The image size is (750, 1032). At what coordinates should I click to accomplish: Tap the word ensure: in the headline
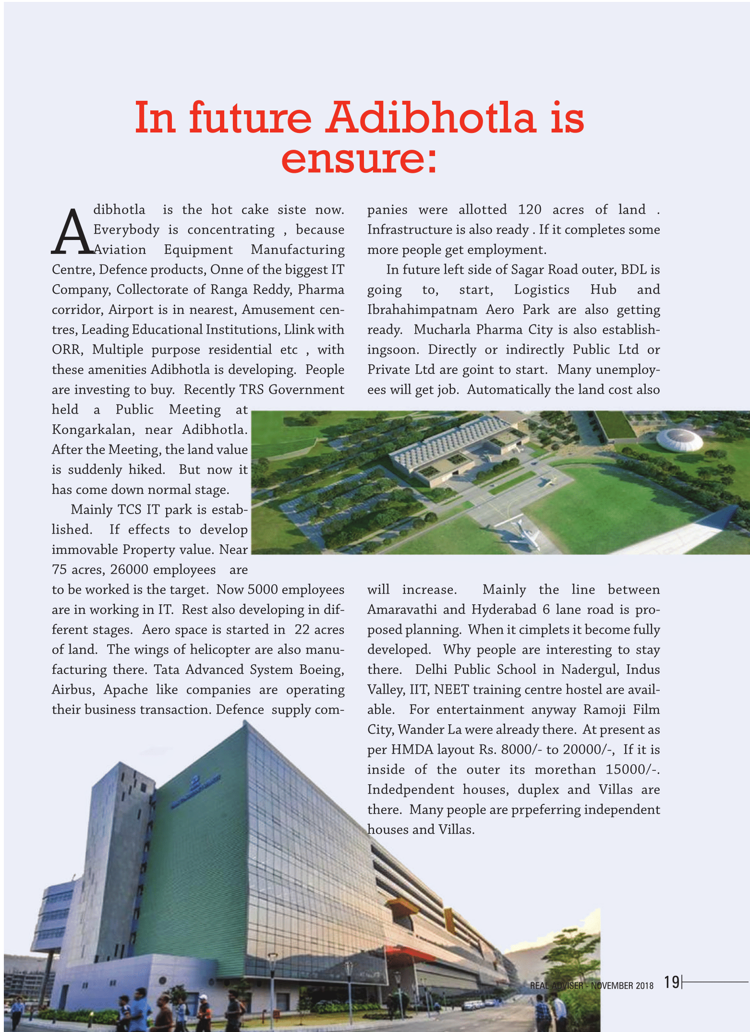click(x=359, y=158)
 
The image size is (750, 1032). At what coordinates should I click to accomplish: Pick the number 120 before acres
click(x=530, y=210)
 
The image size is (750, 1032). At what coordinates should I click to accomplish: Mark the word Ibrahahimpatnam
click(x=422, y=310)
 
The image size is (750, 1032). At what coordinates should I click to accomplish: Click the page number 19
click(x=672, y=982)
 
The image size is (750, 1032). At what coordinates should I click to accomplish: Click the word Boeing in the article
click(x=321, y=670)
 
